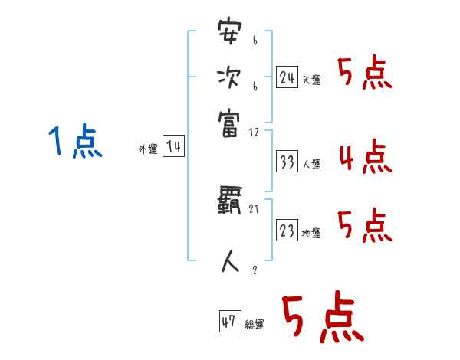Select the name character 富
(x=230, y=120)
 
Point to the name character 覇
(x=230, y=203)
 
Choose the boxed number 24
(x=287, y=77)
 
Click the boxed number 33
(x=287, y=162)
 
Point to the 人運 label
(x=311, y=164)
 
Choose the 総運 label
(x=255, y=324)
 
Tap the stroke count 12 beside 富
(x=255, y=132)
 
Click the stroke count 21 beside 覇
(x=254, y=208)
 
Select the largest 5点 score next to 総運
(x=322, y=318)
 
